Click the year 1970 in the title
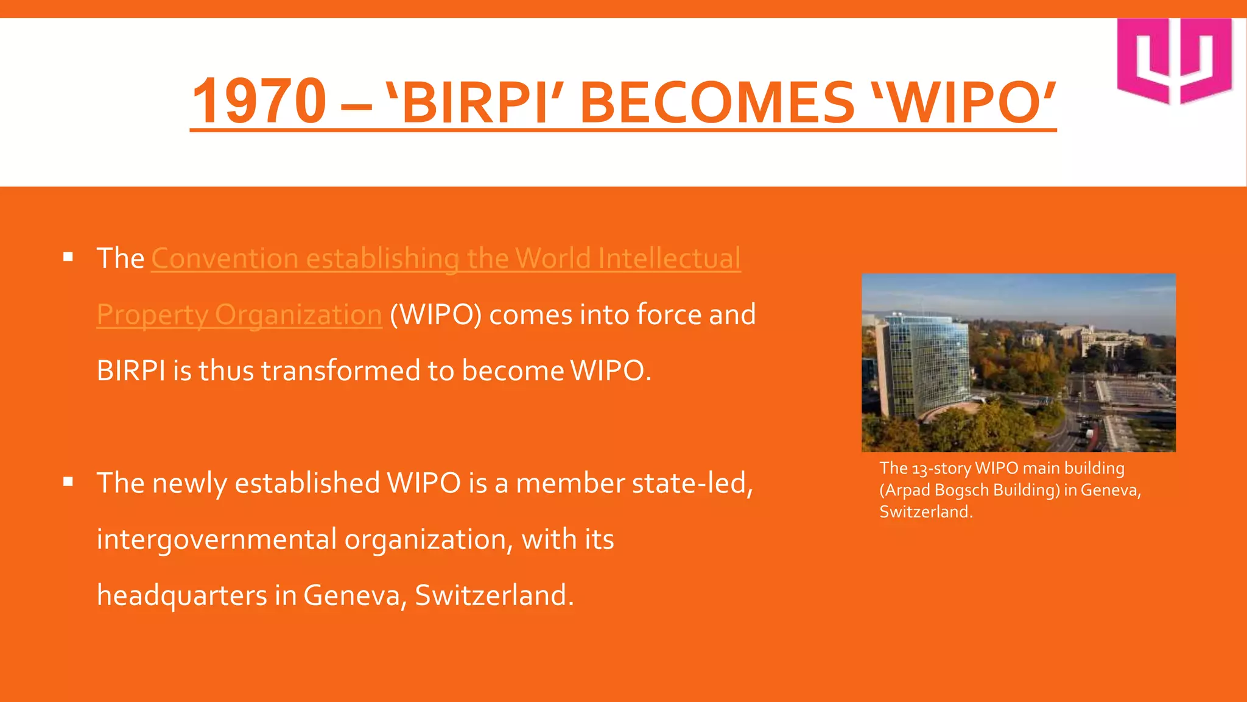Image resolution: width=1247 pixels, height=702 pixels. [259, 101]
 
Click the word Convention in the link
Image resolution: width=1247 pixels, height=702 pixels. [224, 258]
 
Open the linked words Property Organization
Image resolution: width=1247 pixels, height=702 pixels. [239, 315]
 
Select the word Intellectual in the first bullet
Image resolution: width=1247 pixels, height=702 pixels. [669, 258]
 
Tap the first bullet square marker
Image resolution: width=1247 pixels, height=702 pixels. [68, 257]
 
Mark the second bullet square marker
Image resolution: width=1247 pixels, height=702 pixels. [68, 482]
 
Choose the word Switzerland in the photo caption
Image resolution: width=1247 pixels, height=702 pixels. [926, 512]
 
